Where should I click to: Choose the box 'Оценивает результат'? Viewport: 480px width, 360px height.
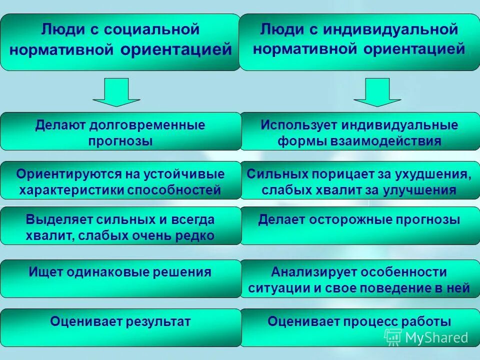(x=120, y=327)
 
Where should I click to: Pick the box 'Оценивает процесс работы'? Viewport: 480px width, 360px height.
(x=359, y=327)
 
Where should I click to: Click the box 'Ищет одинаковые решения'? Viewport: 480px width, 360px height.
(x=120, y=278)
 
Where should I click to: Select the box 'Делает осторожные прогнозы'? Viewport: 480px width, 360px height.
(x=359, y=226)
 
